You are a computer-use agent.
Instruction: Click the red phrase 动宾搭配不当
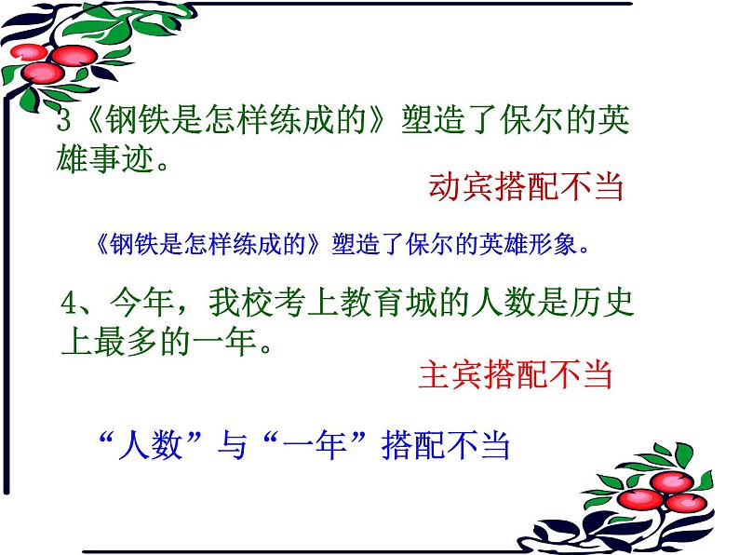pos(525,188)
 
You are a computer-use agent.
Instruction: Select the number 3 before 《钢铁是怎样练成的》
pos(63,122)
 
